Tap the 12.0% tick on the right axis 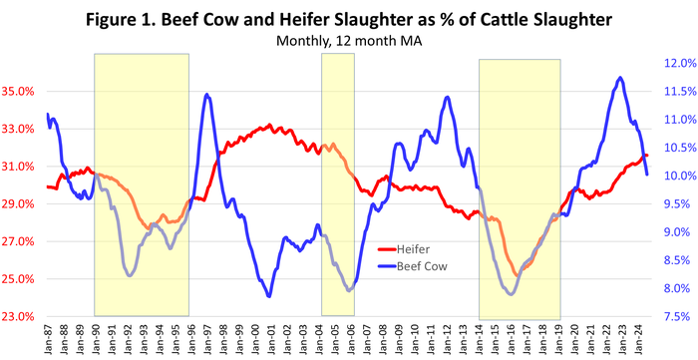674,63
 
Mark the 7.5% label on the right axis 674,317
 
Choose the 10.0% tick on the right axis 674,177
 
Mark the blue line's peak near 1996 206,95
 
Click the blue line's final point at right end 647,175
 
